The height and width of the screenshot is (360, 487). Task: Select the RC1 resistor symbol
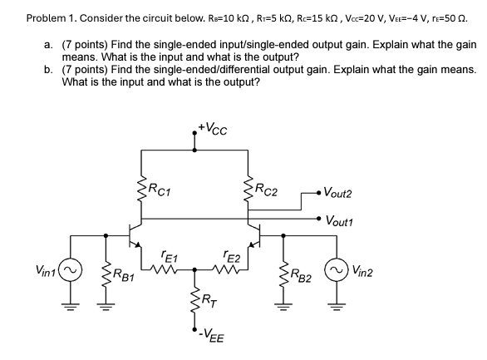point(140,188)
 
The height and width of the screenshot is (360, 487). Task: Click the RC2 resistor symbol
point(248,189)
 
